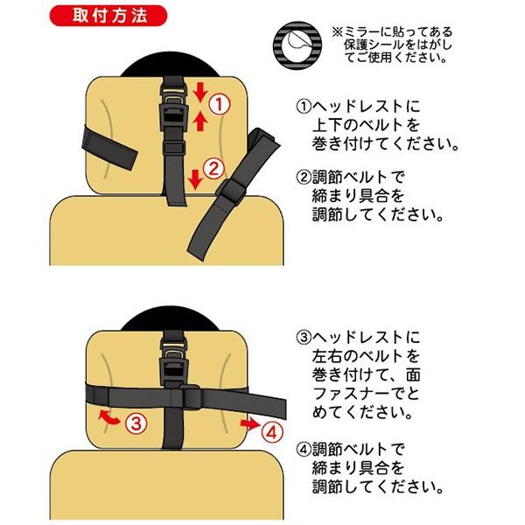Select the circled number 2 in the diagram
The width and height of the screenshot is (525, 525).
tap(215, 167)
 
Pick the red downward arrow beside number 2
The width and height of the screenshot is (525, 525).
tap(196, 176)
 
